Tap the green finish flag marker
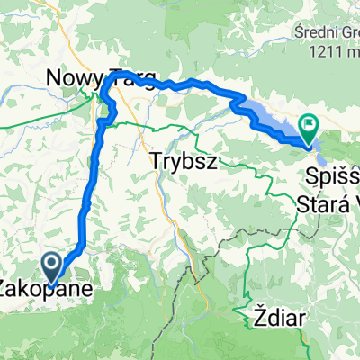[x=310, y=129]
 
